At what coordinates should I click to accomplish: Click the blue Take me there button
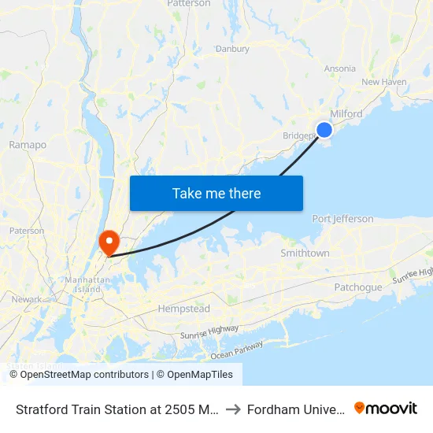pyautogui.click(x=216, y=193)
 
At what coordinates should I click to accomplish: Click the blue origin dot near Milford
pyautogui.click(x=324, y=130)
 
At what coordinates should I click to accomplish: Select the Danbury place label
pyautogui.click(x=232, y=49)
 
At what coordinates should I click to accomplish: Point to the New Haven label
pyautogui.click(x=383, y=82)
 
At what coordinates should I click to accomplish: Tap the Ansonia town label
pyautogui.click(x=340, y=68)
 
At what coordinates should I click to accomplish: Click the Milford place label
pyautogui.click(x=346, y=114)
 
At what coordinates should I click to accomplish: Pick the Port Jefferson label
pyautogui.click(x=342, y=219)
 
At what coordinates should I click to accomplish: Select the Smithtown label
pyautogui.click(x=305, y=254)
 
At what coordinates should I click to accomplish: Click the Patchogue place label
pyautogui.click(x=358, y=287)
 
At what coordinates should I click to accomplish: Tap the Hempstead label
pyautogui.click(x=184, y=309)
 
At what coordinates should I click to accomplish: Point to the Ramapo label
pyautogui.click(x=28, y=145)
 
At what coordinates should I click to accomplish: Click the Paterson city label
pyautogui.click(x=27, y=231)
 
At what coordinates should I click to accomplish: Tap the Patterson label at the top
pyautogui.click(x=189, y=4)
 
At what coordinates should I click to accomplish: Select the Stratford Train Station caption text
pyautogui.click(x=112, y=409)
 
